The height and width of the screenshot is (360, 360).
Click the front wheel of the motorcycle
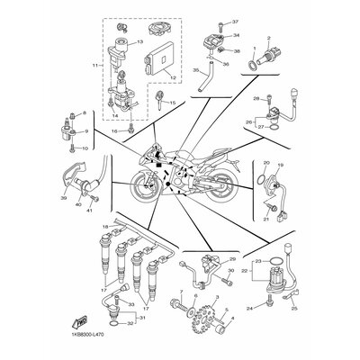(x=146, y=190)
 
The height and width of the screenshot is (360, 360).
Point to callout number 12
(x=161, y=80)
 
